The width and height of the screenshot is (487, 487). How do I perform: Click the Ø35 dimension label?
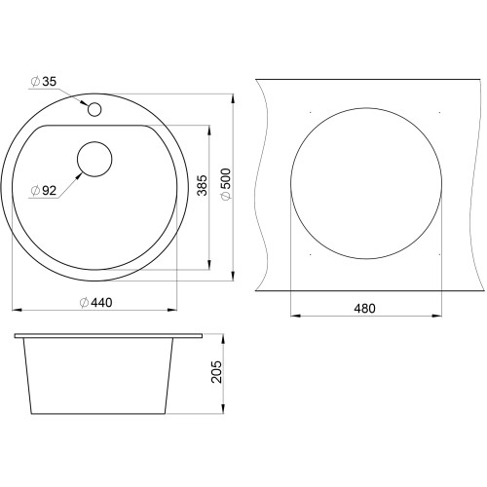coord(44,82)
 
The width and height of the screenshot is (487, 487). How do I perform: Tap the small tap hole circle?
coord(94,109)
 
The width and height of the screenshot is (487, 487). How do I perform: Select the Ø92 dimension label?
coord(44,191)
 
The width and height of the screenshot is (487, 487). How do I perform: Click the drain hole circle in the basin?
coord(94,159)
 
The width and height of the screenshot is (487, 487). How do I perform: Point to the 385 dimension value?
coord(202,185)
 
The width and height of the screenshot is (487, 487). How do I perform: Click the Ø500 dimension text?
coord(225,184)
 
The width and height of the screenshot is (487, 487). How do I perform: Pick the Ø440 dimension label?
coord(96,303)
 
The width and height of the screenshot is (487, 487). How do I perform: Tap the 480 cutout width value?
coord(364,309)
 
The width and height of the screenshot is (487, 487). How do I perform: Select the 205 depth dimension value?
coord(216,372)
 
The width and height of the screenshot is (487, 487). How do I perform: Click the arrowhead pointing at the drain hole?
coord(79,175)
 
